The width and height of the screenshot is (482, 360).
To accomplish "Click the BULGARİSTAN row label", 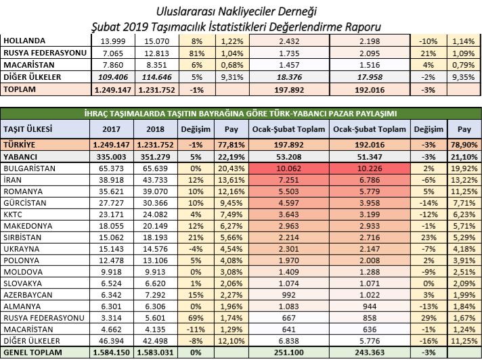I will tap(30, 168).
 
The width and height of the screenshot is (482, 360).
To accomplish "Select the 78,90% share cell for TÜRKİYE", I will tap(464, 145).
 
